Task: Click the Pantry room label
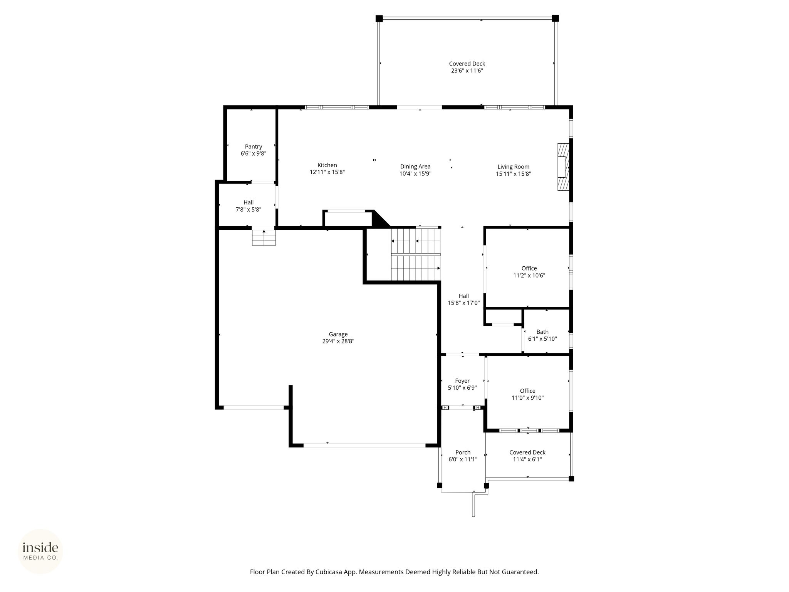pos(253,146)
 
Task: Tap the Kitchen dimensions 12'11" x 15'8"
pos(327,172)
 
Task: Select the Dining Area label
pos(415,166)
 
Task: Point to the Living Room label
pos(513,167)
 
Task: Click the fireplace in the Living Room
pos(563,167)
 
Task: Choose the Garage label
pos(338,334)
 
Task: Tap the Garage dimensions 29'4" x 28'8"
pos(338,341)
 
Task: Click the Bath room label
pos(542,332)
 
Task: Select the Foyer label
pos(462,381)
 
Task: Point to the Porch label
pos(463,452)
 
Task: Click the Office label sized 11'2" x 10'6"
pos(529,268)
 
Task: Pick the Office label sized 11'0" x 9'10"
pos(527,391)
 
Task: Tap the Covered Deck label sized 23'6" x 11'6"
pos(467,64)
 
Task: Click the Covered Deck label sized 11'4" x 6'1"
pos(527,452)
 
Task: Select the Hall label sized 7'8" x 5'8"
pos(248,202)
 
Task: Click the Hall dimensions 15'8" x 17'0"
pos(464,303)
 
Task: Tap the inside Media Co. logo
pos(40,552)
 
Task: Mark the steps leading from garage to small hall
pos(264,237)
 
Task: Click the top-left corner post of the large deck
pos(379,18)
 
